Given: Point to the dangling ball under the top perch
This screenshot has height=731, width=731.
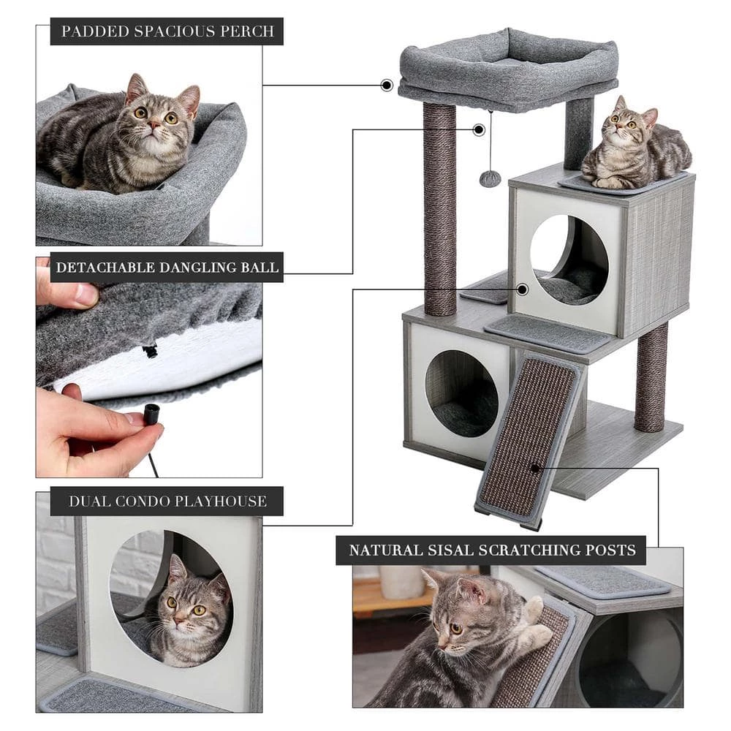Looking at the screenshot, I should point(490,178).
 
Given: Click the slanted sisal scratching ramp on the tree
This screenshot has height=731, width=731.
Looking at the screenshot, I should point(528,439).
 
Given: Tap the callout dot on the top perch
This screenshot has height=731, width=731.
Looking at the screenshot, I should point(387,86).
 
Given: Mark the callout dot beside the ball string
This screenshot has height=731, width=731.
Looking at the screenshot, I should point(479,130).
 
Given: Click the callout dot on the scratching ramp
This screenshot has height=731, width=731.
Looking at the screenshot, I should point(536,468).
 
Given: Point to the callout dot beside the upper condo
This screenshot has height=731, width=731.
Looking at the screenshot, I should point(522,289).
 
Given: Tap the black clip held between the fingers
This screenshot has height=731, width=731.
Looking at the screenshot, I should point(151,414).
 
